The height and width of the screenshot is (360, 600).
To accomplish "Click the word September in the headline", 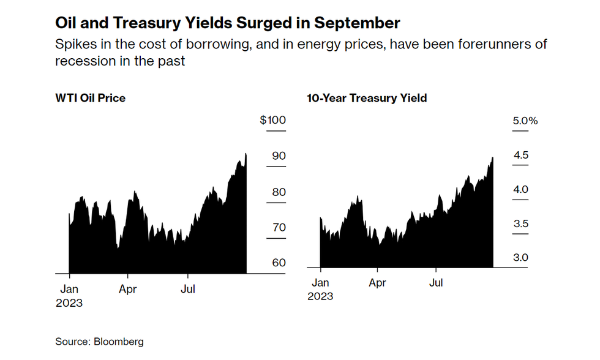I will coord(357,23).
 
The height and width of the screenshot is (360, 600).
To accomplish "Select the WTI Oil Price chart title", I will coord(91,98).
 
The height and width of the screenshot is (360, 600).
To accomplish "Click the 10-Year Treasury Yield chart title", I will coord(366,98).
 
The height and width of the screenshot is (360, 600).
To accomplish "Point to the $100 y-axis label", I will coord(272,120).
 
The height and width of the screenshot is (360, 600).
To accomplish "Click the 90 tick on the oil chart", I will coord(279,156).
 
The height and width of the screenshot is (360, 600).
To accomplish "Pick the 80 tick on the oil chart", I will coord(279,192).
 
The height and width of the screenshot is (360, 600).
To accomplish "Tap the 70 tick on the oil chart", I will coord(279,227).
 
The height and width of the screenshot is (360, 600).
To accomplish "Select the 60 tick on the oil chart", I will coord(279,263).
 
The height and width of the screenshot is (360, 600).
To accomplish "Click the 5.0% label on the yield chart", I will coord(525,121).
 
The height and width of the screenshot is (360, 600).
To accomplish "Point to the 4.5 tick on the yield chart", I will coord(520,156).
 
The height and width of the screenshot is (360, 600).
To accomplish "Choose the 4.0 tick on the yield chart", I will coord(520,190).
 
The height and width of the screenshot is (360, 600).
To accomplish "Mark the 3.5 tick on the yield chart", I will coord(520,224).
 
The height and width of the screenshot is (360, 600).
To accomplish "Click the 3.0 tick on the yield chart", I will coord(520,258).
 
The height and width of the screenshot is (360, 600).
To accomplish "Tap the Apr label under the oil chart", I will coord(127,289).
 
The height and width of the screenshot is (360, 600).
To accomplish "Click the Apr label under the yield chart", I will coord(378,283).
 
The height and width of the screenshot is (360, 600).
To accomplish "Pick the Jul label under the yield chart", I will coord(436,283).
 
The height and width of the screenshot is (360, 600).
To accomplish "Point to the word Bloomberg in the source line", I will coord(118,342).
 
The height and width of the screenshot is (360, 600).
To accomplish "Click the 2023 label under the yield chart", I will coord(320,296).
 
